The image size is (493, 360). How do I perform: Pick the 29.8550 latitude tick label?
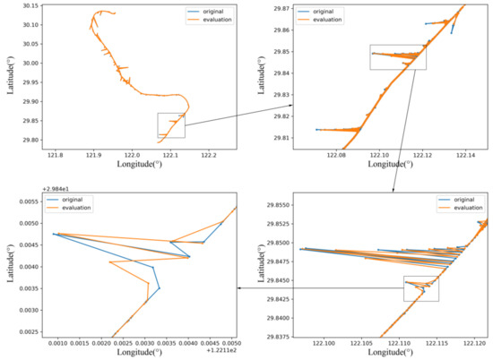pos(276,205)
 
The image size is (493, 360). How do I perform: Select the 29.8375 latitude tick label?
pos(276,337)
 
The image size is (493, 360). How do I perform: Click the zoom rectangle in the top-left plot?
pos(170,125)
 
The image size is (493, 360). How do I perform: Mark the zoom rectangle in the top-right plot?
pos(397,57)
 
